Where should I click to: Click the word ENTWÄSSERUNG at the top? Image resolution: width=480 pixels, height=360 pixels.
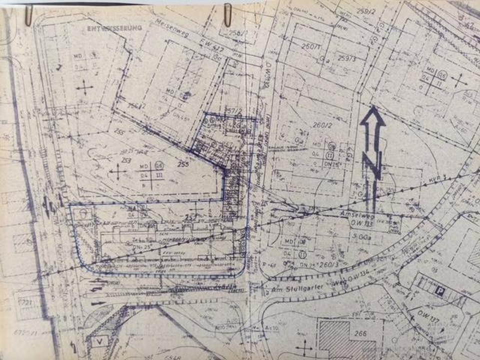click(114, 28)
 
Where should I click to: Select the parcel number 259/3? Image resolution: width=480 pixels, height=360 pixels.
click(346, 58)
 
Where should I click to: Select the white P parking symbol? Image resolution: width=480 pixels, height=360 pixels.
click(439, 291)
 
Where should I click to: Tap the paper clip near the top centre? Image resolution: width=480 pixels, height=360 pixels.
click(228, 15)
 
